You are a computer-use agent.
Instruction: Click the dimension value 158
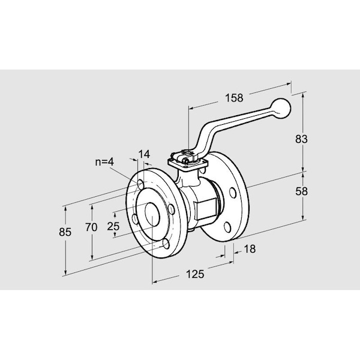[x=234, y=98]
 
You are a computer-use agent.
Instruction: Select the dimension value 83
[x=301, y=139]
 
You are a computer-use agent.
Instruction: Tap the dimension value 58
[x=301, y=191]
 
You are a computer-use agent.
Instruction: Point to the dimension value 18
[x=250, y=249]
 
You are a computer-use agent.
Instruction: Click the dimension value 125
[x=194, y=274]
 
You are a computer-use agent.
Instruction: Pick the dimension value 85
[x=65, y=232]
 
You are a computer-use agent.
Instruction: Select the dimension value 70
[x=91, y=227]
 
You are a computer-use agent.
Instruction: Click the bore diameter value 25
[x=113, y=226]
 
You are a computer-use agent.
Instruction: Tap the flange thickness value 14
[x=144, y=154]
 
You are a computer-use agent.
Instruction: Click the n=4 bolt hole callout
[x=104, y=162]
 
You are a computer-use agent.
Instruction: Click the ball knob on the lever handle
[x=281, y=109]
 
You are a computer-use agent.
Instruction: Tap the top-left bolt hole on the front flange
[x=140, y=184]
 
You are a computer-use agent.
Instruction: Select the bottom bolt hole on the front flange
[x=166, y=244]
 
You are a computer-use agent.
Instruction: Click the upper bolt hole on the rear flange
[x=233, y=193]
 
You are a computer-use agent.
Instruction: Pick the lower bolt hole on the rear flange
[x=227, y=227]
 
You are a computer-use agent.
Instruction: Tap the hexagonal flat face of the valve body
[x=207, y=209]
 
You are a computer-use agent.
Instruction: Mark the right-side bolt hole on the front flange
[x=172, y=209]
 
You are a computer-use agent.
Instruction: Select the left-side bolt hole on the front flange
[x=135, y=219]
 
